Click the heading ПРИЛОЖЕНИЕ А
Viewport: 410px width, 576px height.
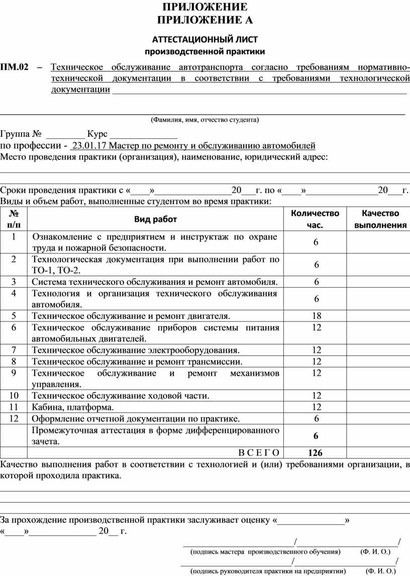point(205,20)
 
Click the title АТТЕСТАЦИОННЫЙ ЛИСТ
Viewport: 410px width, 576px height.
point(205,39)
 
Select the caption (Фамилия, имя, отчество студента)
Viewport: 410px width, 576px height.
point(205,120)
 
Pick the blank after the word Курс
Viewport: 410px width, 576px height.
point(144,134)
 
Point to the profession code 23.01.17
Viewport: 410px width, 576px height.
point(89,146)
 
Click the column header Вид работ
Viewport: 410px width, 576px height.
point(155,219)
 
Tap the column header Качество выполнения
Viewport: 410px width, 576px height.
point(380,219)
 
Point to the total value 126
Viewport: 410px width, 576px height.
point(316,452)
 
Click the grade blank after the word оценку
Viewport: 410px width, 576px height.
point(311,520)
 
